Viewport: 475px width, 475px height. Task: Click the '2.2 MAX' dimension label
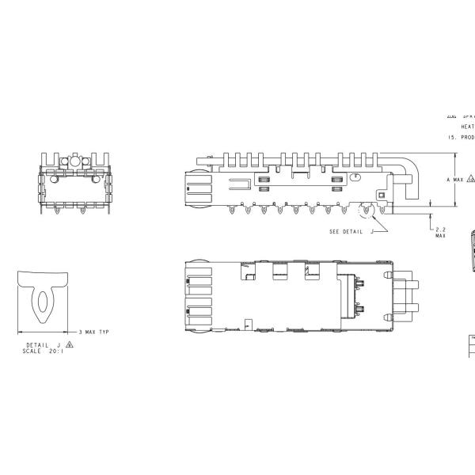[440, 232]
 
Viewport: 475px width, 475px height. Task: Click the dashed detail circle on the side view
[367, 211]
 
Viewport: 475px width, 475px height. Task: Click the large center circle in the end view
[74, 161]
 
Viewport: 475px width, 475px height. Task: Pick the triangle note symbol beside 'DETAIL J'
[70, 345]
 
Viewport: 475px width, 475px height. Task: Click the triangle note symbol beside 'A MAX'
[471, 180]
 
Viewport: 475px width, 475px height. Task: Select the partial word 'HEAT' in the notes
[467, 127]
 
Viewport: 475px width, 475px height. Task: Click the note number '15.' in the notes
[452, 137]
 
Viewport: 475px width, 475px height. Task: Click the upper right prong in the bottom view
[413, 284]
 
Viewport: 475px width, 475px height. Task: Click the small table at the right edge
[470, 346]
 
